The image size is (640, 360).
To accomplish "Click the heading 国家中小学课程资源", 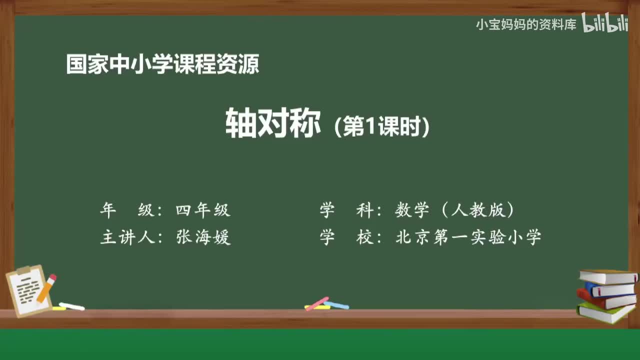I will point(162,65).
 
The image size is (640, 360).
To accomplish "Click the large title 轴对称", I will point(272,123).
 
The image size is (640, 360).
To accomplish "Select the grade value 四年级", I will point(203,210).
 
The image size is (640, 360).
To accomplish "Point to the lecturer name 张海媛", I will point(203,237).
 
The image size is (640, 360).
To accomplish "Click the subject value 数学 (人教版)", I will point(454,210).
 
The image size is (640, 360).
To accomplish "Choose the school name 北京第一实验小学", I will point(468,237).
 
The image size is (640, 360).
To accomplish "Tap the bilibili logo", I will point(605,24).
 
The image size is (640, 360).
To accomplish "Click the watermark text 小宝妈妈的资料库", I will point(526,24).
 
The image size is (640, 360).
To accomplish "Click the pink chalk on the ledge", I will point(317,303).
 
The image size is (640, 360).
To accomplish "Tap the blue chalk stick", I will point(336,304).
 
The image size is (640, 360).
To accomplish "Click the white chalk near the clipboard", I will point(71,306).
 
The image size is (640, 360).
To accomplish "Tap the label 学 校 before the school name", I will point(347,237).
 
